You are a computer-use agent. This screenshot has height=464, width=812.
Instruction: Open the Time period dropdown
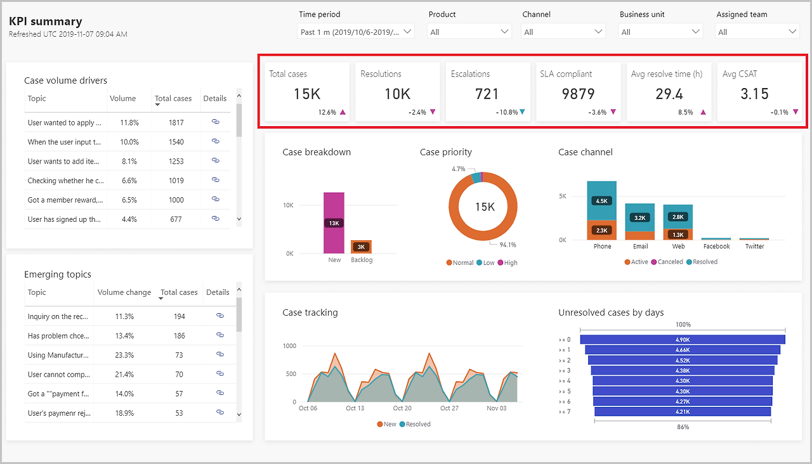click(x=356, y=32)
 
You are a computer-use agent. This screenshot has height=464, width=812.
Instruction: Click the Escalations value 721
click(x=487, y=94)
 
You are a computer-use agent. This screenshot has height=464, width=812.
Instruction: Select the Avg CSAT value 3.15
click(x=754, y=94)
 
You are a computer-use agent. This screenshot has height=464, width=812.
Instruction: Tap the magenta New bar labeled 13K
click(x=334, y=222)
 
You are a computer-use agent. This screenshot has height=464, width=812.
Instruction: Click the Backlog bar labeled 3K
click(x=361, y=247)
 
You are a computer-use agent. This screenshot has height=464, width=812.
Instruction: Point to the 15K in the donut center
click(x=485, y=207)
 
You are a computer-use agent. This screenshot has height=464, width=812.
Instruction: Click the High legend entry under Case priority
click(x=507, y=262)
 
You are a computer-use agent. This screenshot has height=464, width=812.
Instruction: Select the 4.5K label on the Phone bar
click(x=602, y=201)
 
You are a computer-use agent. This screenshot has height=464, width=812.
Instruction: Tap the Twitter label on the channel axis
click(x=754, y=247)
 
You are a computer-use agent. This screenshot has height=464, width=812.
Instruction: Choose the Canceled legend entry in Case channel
click(x=667, y=262)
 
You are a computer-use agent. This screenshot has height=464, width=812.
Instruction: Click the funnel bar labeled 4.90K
click(x=683, y=339)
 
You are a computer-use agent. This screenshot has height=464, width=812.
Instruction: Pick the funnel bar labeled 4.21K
click(x=683, y=411)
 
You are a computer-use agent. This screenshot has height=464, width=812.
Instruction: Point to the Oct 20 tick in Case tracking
click(x=402, y=408)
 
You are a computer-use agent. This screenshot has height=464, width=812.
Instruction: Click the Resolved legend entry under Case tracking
click(x=415, y=424)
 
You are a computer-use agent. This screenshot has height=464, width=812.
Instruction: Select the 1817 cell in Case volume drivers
click(x=176, y=123)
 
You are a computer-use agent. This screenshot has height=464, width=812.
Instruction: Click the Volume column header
click(x=122, y=98)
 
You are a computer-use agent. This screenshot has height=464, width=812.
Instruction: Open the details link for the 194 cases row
click(x=220, y=316)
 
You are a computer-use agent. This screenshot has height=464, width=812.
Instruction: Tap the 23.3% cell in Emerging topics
click(x=124, y=356)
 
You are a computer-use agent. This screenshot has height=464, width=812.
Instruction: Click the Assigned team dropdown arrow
click(x=792, y=32)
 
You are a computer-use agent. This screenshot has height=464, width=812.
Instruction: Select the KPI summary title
click(x=45, y=22)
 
